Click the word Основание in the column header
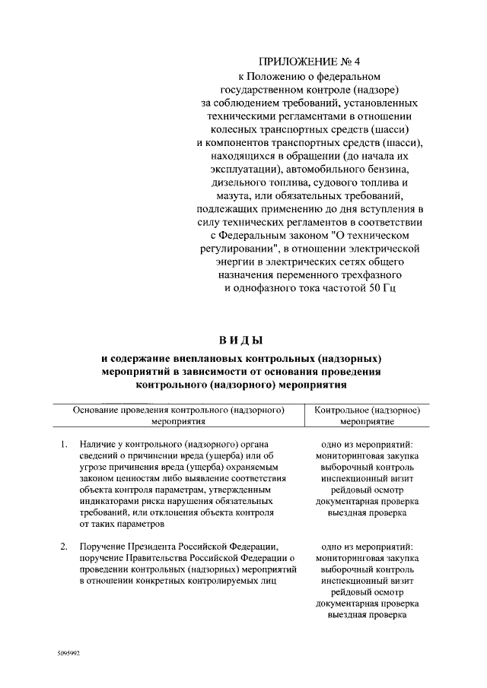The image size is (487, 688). click(99, 409)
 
